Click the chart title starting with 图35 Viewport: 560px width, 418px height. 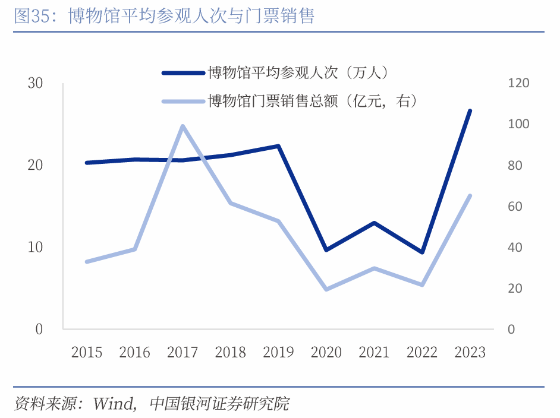tap(164, 16)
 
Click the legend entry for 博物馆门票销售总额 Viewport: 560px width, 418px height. tap(312, 102)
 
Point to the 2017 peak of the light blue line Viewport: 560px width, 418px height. tap(183, 126)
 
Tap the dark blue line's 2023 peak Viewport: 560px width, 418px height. tap(470, 111)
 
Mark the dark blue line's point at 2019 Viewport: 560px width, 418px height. tap(278, 146)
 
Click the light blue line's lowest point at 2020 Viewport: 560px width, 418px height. tap(326, 289)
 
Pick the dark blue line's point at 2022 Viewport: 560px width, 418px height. tap(422, 252)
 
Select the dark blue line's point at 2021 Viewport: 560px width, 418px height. tap(374, 223)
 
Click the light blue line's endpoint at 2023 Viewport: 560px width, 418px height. tap(470, 195)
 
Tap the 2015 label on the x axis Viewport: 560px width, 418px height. tap(87, 352)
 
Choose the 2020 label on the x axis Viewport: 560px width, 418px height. tap(326, 352)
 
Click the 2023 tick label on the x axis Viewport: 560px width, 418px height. tap(470, 352)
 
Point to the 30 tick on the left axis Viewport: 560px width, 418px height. tap(36, 83)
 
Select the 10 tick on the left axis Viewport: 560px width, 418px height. tap(36, 247)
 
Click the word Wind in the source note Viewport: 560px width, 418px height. tap(114, 404)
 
